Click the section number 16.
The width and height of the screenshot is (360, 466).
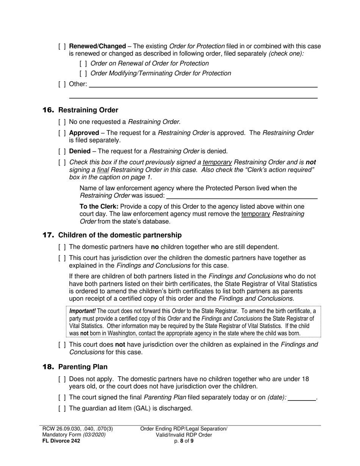coord(49,110)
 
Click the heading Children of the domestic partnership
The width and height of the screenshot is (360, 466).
coord(120,235)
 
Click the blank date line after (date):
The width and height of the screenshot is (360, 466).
coord(302,398)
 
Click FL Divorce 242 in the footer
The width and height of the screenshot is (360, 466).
coord(61,441)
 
